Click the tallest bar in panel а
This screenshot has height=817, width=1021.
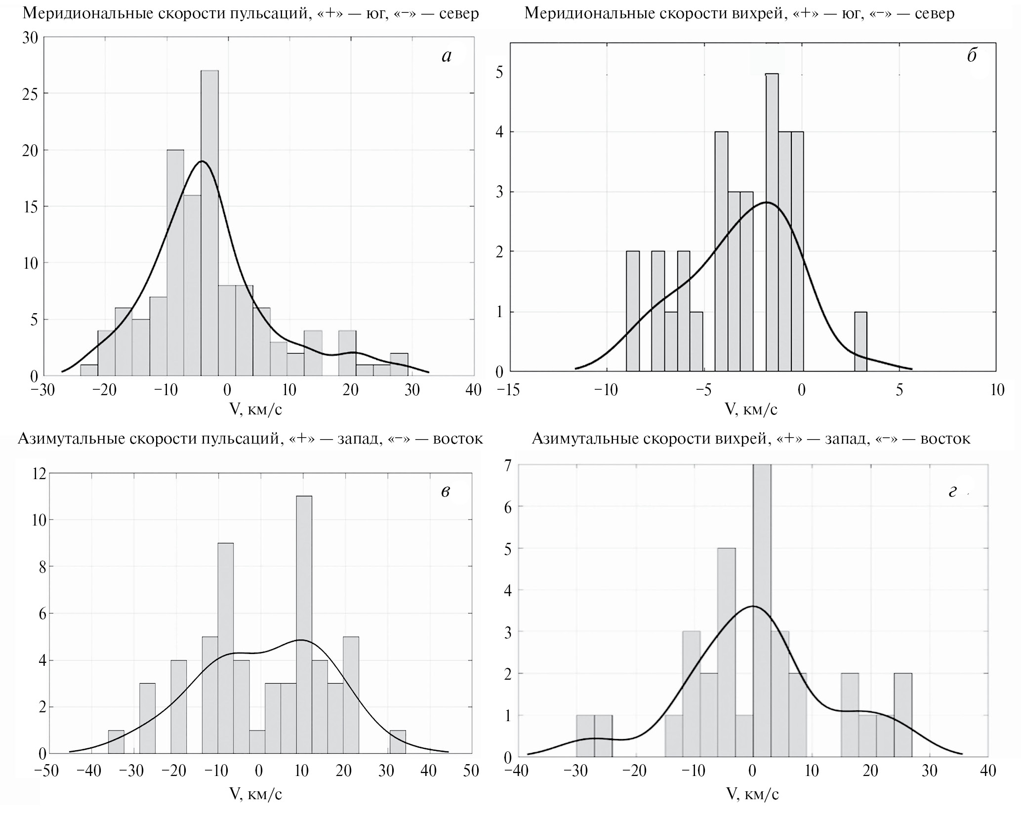(210, 222)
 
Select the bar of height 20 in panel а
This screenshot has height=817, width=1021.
(175, 262)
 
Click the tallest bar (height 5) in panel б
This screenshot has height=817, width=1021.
(772, 222)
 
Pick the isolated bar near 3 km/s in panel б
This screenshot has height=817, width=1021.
(860, 341)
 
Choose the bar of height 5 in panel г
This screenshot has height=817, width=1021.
(726, 652)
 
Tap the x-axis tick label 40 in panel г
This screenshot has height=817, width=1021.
(987, 771)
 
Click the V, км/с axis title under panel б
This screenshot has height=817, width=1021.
(751, 409)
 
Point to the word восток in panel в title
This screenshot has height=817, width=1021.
(458, 439)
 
